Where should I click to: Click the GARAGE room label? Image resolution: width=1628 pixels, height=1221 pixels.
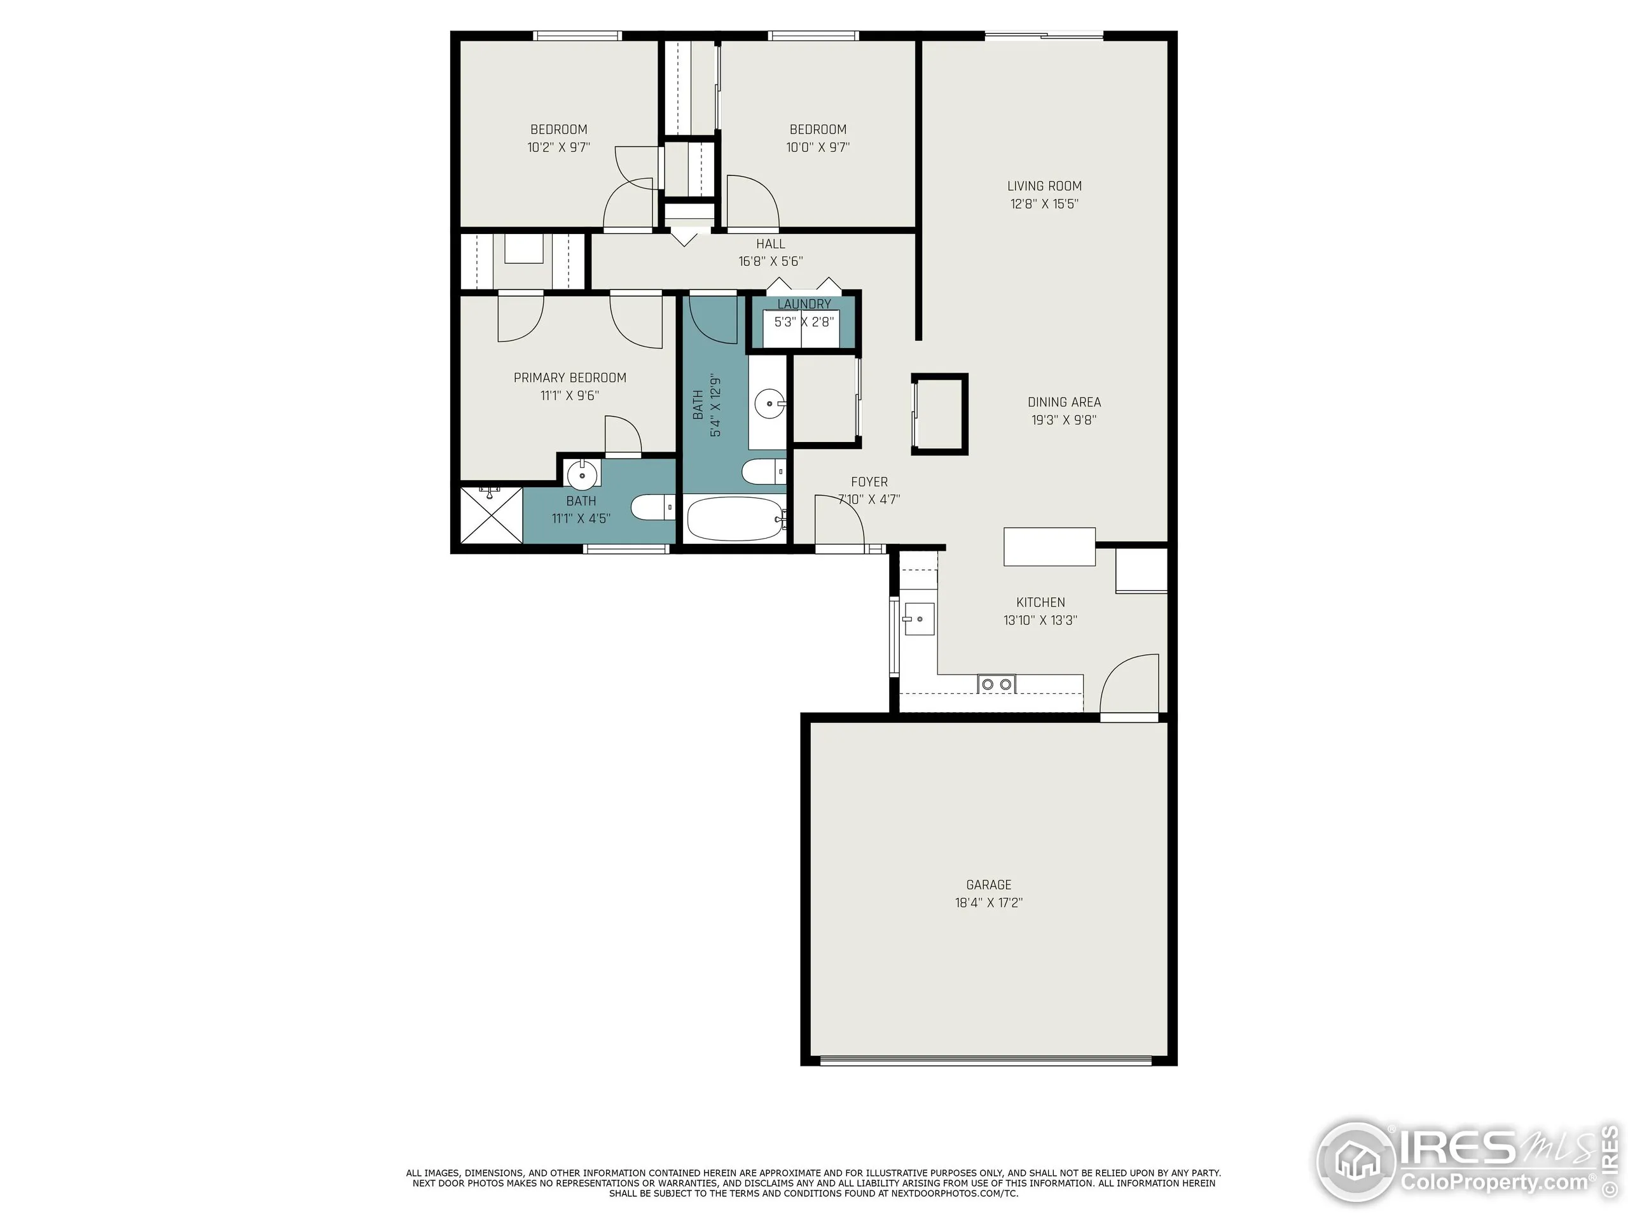click(x=988, y=885)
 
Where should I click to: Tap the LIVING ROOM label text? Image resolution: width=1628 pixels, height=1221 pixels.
click(x=1044, y=186)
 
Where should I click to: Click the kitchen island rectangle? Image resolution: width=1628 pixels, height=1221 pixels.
click(x=1049, y=547)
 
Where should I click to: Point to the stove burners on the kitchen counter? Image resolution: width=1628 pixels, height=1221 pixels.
click(x=996, y=684)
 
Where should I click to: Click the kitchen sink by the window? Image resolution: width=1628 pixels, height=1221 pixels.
click(x=918, y=619)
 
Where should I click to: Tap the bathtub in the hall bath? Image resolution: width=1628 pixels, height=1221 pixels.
click(x=734, y=519)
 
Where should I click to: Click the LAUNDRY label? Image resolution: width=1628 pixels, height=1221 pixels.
click(x=804, y=304)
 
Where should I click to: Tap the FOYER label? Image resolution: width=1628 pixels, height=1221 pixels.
click(x=869, y=482)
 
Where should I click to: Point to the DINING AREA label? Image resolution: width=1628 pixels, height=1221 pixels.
click(x=1063, y=402)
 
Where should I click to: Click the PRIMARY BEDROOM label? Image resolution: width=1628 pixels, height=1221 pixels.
click(x=570, y=378)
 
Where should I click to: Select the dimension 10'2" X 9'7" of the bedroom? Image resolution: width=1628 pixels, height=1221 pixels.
click(x=558, y=147)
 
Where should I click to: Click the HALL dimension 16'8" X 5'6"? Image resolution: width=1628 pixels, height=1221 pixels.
click(x=770, y=261)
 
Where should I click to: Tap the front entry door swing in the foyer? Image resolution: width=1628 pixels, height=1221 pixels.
click(x=839, y=523)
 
